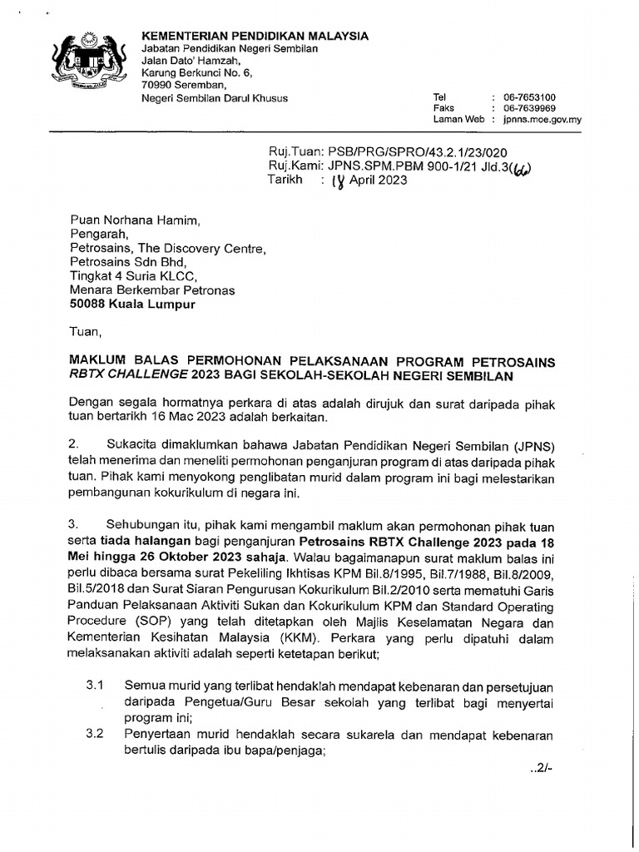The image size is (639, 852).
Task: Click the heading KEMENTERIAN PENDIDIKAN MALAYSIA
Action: pos(255,36)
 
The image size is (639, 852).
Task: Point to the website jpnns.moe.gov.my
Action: pos(542,120)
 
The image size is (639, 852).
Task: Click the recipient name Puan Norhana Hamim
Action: pos(135,220)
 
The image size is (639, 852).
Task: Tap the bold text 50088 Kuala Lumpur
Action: pos(133,305)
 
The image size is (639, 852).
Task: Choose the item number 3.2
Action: pos(94,735)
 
